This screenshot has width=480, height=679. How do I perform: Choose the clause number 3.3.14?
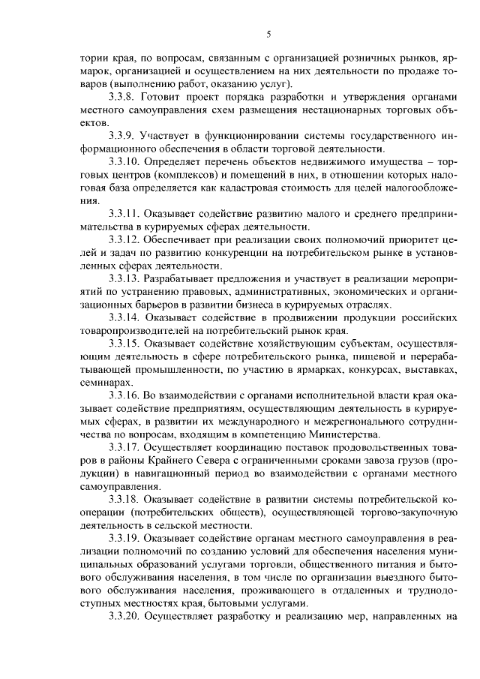125,318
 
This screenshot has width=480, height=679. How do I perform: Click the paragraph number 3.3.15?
125,344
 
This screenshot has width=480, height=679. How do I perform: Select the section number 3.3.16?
125,396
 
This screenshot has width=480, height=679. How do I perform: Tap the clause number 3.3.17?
125,449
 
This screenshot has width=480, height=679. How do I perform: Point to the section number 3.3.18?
125,500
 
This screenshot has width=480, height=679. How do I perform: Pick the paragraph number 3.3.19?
125,540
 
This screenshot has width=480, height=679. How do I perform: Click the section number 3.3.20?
125,619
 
